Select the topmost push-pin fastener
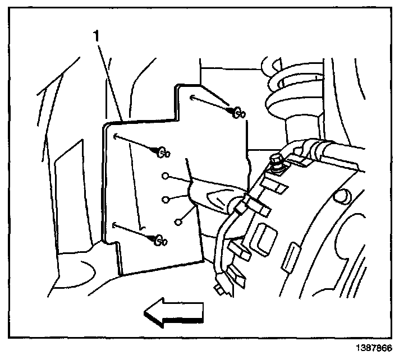238,113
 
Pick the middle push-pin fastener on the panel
162,151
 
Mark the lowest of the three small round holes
178,221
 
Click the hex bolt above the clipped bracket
277,162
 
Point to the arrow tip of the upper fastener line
192,98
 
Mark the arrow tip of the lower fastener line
113,225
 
